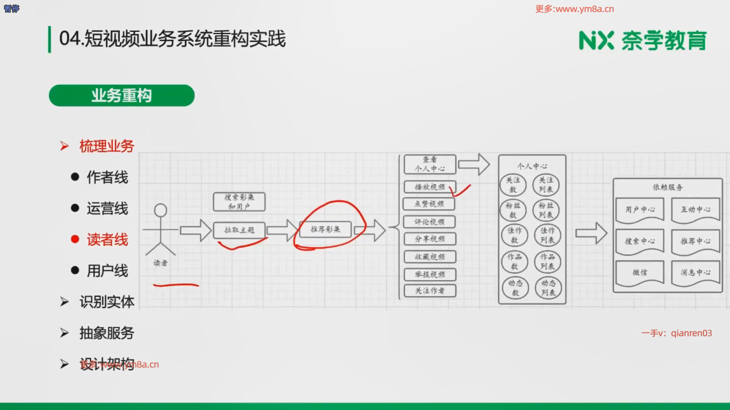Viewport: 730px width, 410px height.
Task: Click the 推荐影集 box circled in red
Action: [325, 229]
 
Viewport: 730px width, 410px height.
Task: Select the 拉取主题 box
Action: [239, 230]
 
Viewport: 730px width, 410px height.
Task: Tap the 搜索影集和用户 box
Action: [239, 202]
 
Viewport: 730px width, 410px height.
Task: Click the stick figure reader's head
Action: [160, 210]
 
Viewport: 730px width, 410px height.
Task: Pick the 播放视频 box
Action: [430, 187]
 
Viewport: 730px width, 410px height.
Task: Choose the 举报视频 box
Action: [430, 274]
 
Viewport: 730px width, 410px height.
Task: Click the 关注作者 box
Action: [430, 291]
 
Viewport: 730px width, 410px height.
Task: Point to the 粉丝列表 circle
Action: [546, 210]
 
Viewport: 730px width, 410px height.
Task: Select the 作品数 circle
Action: [514, 262]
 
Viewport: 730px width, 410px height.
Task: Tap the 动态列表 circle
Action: [548, 288]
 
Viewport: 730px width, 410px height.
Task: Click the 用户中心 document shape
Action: [640, 210]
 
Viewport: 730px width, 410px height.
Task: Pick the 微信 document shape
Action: [640, 273]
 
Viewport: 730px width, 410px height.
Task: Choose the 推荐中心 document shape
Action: [695, 241]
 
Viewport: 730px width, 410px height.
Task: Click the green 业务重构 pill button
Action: [122, 95]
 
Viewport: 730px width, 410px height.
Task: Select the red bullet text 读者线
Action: [107, 240]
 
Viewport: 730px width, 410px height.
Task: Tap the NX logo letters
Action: [596, 41]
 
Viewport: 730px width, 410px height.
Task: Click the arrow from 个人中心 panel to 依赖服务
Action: [591, 233]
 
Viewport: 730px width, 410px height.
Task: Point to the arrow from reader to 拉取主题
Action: [195, 230]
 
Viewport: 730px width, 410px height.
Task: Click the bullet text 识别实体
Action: [107, 302]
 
